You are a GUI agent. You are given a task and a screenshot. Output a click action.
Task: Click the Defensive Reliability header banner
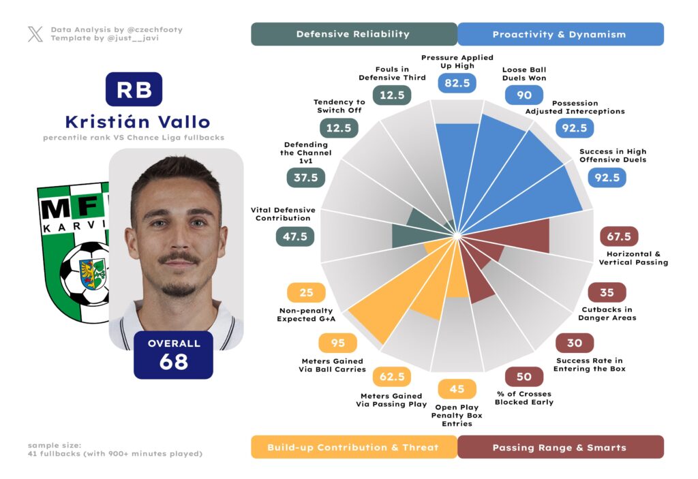coord(353,34)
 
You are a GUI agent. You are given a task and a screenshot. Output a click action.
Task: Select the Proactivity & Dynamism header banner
coord(559,34)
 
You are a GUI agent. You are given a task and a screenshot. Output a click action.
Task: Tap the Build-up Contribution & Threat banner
coord(353,447)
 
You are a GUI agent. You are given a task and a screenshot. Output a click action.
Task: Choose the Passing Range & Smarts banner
coord(559,447)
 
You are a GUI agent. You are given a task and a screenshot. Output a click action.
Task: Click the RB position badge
coord(134,89)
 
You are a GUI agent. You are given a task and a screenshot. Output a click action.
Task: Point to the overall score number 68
coord(174,362)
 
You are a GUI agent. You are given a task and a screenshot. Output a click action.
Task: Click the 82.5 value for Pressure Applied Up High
coord(457,83)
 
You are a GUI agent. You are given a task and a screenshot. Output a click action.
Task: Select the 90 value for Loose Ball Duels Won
coord(523,95)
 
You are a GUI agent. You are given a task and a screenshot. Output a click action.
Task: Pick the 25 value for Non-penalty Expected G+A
coord(306,293)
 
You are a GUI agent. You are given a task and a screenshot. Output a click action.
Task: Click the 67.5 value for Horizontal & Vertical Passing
coord(618,236)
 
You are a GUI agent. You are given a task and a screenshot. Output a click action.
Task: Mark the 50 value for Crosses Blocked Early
coord(523,377)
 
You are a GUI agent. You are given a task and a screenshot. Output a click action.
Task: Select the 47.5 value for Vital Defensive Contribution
coord(294,236)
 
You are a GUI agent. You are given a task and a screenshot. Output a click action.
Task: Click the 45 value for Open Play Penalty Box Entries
coord(457,389)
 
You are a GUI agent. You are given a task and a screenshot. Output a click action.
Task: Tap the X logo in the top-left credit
coord(35,34)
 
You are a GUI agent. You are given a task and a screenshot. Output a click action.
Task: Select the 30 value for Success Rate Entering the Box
coord(574,343)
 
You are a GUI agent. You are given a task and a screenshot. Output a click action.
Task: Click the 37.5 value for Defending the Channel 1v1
coord(305,177)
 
